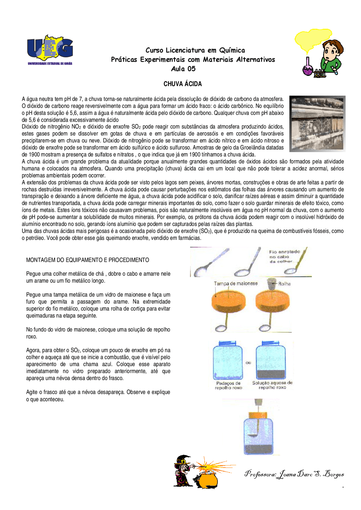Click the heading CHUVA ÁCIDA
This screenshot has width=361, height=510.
(x=182, y=84)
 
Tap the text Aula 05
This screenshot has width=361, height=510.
(x=183, y=69)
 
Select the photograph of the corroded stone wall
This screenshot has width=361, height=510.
(x=317, y=124)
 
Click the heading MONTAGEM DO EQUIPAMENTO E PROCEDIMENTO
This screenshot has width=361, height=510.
(x=87, y=260)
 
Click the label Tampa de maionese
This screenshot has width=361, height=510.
(x=235, y=284)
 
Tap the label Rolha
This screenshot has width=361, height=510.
(x=284, y=284)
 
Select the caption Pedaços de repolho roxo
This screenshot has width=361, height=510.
(x=228, y=386)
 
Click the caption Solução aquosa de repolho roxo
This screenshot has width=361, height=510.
(x=272, y=385)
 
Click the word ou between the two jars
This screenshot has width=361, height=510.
(x=248, y=363)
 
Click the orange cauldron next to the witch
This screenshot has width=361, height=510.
(x=207, y=480)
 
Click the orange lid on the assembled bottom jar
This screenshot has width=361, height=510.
(x=258, y=415)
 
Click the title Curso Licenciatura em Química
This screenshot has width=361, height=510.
(x=195, y=50)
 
